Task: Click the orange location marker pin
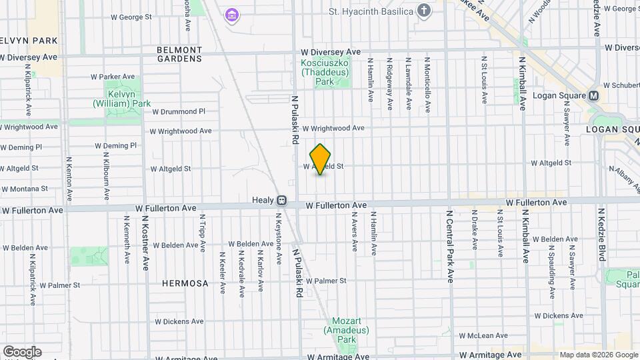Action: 321,159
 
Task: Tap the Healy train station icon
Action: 282,200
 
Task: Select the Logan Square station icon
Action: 593,95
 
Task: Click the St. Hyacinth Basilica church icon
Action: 423,11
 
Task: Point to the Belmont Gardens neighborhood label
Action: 179,54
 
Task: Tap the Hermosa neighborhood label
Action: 185,283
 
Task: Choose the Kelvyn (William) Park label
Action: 122,99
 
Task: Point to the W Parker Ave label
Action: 113,77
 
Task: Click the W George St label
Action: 131,16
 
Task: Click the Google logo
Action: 22,352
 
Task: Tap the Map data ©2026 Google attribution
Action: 598,355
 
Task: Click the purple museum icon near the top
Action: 231,15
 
